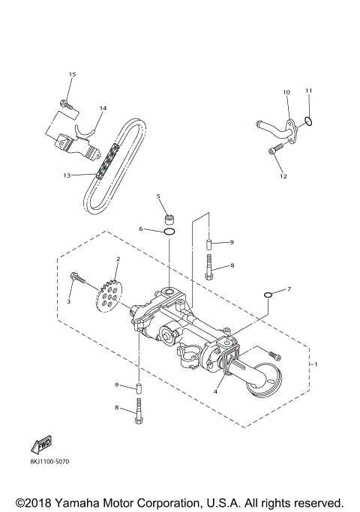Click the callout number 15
(72, 74)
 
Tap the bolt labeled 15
(67, 106)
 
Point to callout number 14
(102, 108)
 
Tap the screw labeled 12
(274, 152)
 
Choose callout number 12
(283, 176)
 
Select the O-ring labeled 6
(170, 233)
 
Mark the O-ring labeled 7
(268, 295)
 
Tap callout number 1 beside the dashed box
(316, 364)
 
